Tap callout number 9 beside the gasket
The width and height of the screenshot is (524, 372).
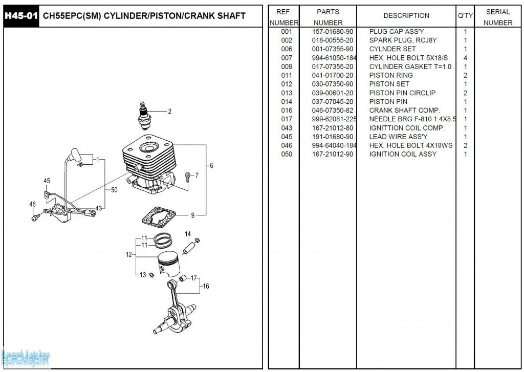192,215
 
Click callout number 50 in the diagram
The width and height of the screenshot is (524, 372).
114,190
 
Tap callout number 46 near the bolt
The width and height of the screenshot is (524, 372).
33,204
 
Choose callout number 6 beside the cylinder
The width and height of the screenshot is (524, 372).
211,165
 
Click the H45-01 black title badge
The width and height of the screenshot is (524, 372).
21,16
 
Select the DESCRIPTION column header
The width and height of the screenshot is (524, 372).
406,16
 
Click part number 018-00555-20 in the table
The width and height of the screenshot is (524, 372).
333,40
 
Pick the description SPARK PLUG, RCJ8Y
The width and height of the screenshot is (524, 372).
403,40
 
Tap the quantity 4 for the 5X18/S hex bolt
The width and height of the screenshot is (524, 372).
465,58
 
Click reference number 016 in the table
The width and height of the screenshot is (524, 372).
287,111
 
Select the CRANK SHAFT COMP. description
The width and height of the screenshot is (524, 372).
404,111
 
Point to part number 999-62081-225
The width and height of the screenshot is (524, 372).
334,119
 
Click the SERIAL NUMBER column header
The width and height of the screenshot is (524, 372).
497,17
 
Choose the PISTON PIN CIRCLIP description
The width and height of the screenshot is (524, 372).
402,93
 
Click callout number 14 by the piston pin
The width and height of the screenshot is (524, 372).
188,234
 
